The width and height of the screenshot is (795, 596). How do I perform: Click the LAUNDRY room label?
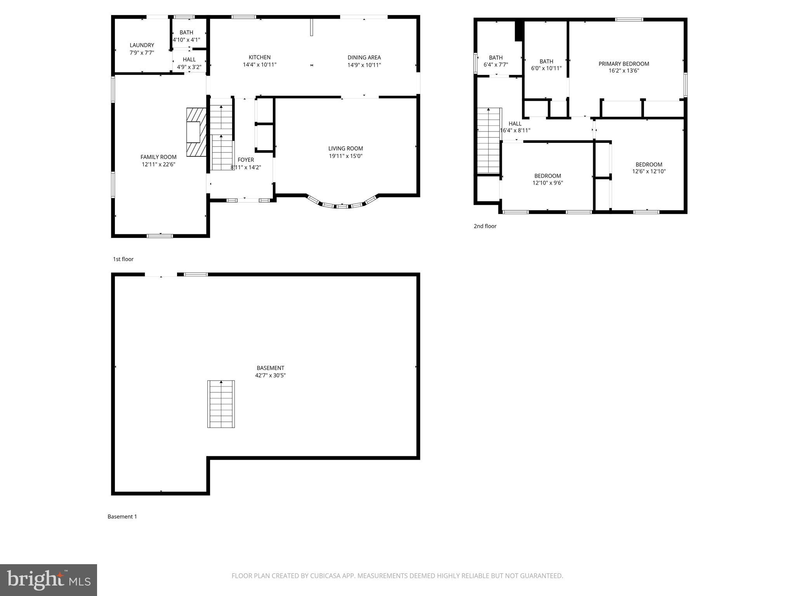142,45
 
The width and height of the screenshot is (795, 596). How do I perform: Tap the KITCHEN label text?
259,57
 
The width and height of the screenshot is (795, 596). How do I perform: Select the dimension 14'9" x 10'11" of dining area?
364,65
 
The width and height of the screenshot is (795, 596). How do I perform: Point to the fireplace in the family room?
196,132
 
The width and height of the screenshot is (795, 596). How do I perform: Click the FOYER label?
245,160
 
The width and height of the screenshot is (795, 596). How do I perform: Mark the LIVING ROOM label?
345,148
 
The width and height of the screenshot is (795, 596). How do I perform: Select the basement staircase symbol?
221,404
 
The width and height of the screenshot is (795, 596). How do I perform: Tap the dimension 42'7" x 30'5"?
270,375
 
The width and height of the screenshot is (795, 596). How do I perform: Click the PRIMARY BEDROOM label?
623,64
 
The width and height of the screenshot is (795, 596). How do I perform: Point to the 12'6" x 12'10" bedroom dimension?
649,171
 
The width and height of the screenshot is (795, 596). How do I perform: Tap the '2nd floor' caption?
485,226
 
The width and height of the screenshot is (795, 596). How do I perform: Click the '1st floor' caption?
123,259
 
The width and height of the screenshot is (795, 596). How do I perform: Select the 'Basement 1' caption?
122,516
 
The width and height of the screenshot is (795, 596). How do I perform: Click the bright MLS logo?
49,580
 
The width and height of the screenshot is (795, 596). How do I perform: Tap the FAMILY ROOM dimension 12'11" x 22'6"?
158,164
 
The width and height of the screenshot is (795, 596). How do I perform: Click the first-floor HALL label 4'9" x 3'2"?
189,63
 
